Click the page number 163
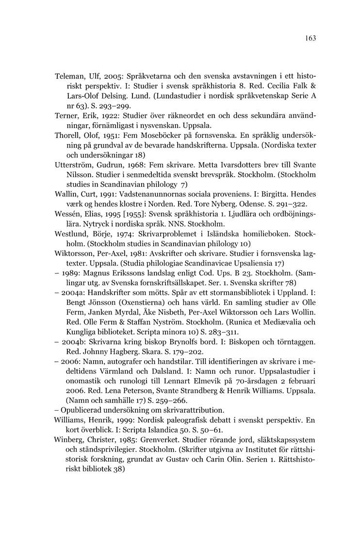[x=311, y=38]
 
